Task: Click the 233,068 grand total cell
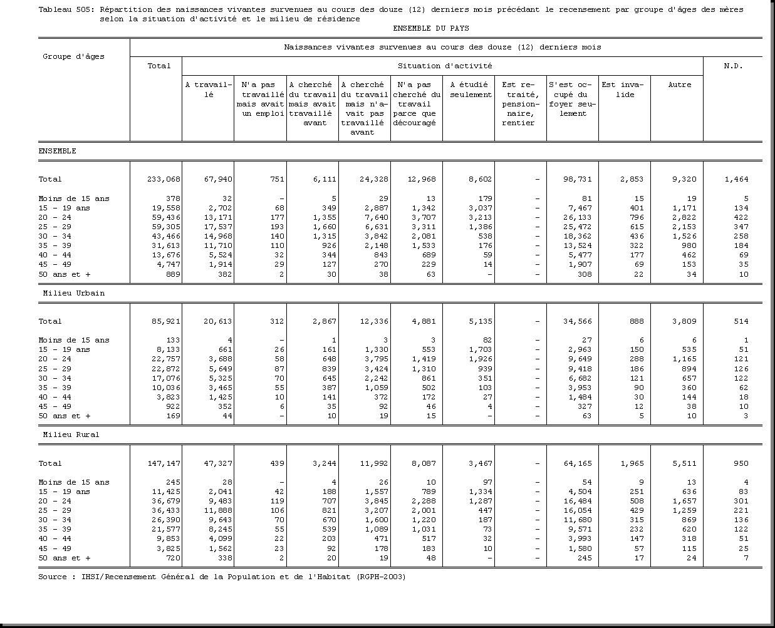[164, 180]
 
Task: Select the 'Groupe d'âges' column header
[73, 56]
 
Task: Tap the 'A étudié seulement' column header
[471, 90]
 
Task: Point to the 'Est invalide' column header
[622, 90]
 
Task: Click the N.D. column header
[732, 66]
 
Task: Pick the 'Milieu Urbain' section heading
[73, 293]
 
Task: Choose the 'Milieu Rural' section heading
[71, 435]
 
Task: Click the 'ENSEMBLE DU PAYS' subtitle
[430, 28]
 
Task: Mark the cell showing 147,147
[164, 463]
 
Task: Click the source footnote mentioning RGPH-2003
[222, 577]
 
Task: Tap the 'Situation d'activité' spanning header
[444, 66]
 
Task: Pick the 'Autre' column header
[679, 85]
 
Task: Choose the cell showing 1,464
[736, 180]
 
